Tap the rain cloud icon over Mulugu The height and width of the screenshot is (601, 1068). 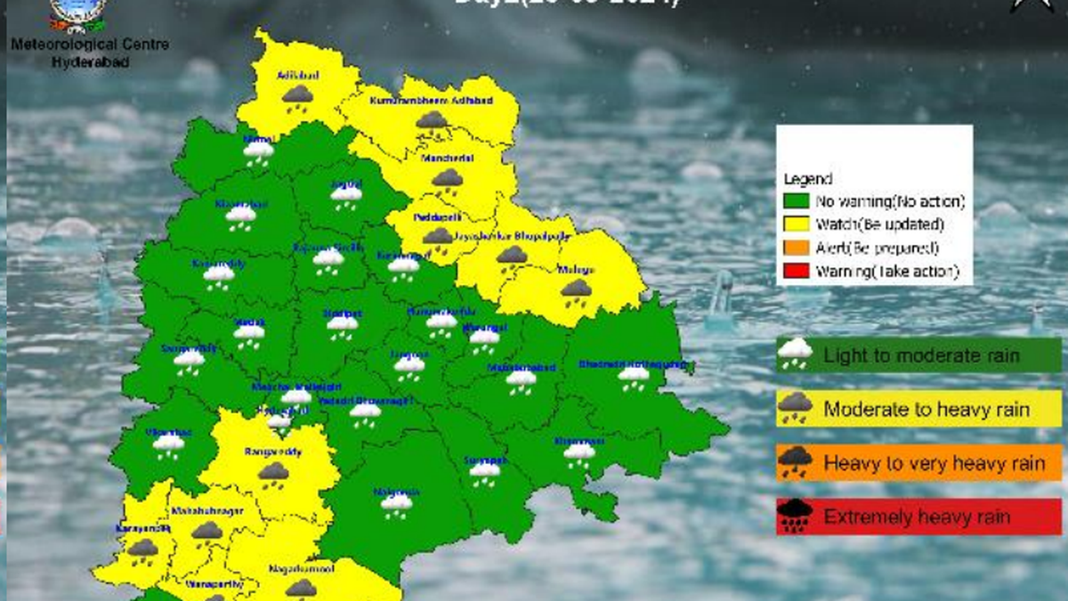[x=577, y=290]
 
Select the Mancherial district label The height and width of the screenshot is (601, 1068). [x=448, y=158]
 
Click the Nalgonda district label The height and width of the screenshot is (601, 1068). [x=397, y=491]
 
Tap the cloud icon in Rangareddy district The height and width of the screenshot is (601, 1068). [x=274, y=473]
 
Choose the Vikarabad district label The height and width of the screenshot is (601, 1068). [x=166, y=431]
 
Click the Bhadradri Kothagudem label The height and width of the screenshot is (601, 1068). [x=633, y=364]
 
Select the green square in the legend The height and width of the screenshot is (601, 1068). [x=797, y=201]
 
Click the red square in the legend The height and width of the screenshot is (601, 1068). [x=797, y=271]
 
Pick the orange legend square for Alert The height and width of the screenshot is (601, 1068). [x=797, y=248]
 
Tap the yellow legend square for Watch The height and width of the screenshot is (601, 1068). [x=797, y=224]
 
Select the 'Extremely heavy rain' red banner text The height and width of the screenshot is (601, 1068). [x=917, y=516]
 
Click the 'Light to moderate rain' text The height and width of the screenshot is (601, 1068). [x=921, y=356]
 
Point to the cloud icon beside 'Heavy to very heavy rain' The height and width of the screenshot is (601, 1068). [x=795, y=462]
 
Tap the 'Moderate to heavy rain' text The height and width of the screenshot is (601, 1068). [x=926, y=410]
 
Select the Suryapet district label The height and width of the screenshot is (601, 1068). [x=485, y=460]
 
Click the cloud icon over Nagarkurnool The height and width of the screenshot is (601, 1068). [x=301, y=588]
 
